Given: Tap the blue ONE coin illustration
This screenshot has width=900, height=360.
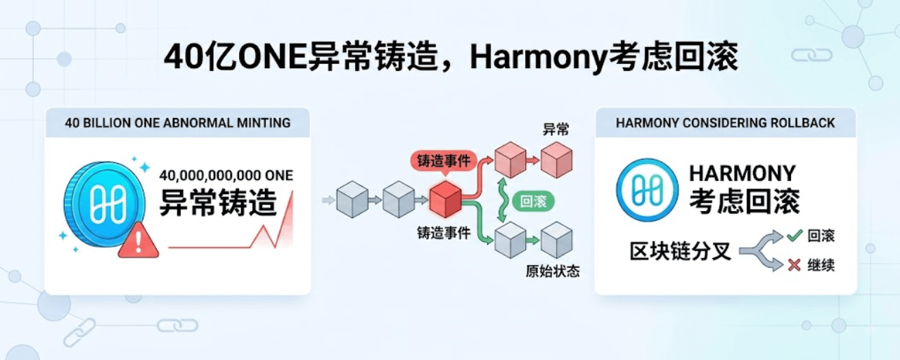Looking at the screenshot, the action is point(105,204).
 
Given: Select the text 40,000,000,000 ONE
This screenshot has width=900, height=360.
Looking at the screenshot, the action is point(226,176).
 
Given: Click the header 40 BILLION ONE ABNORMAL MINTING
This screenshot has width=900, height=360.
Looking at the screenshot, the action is point(178,122).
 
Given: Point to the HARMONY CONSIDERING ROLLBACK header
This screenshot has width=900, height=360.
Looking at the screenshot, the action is point(725,122).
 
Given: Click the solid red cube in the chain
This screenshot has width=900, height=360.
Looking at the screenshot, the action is point(445,199).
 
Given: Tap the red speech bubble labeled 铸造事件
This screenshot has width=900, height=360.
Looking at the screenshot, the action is point(444,162).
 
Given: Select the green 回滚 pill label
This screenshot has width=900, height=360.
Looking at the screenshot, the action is point(533,201).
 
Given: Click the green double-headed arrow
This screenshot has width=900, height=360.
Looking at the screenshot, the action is point(502,200).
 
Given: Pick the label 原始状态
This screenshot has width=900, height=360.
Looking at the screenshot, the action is point(553,271).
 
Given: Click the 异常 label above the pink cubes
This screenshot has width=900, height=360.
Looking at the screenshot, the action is point(556,129).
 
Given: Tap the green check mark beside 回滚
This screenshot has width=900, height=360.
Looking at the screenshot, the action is point(795,236).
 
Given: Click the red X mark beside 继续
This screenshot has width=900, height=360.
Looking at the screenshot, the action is point(795,265).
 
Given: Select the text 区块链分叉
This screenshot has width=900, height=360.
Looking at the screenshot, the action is point(680,252).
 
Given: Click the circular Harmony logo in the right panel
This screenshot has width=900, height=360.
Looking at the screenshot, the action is point(648,190).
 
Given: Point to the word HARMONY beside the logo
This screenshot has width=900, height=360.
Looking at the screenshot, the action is point(742,174).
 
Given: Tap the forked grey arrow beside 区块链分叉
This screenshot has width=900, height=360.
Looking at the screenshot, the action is point(761,251).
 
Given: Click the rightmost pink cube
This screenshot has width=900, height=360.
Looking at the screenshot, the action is point(556,160).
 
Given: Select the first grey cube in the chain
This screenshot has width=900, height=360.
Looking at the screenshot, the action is point(352,199).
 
